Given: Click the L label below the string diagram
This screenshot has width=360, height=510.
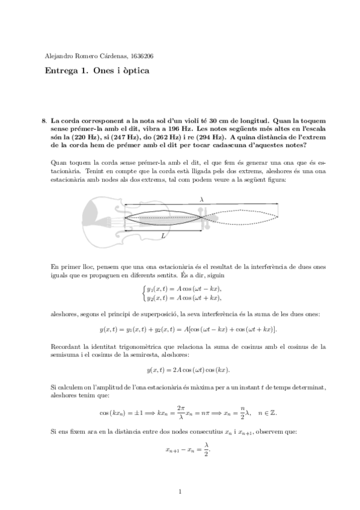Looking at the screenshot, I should [x=163, y=238].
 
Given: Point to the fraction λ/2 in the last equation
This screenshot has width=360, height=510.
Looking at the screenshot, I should [x=206, y=447].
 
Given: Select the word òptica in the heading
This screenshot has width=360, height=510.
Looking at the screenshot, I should [x=132, y=71].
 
